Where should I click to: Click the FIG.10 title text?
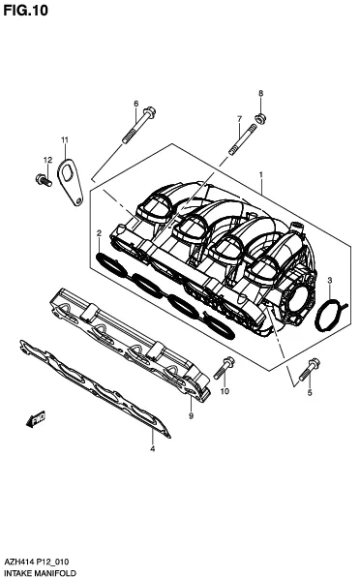tap(25, 11)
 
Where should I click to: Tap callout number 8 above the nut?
tap(261, 93)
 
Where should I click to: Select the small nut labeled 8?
tap(260, 119)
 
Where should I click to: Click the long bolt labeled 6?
tap(138, 125)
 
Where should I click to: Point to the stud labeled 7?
tap(243, 139)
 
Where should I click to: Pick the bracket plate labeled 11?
tap(70, 181)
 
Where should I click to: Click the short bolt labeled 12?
tap(44, 180)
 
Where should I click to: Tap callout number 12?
tap(47, 160)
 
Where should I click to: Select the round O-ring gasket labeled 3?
tap(330, 316)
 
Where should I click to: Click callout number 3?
tap(330, 281)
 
